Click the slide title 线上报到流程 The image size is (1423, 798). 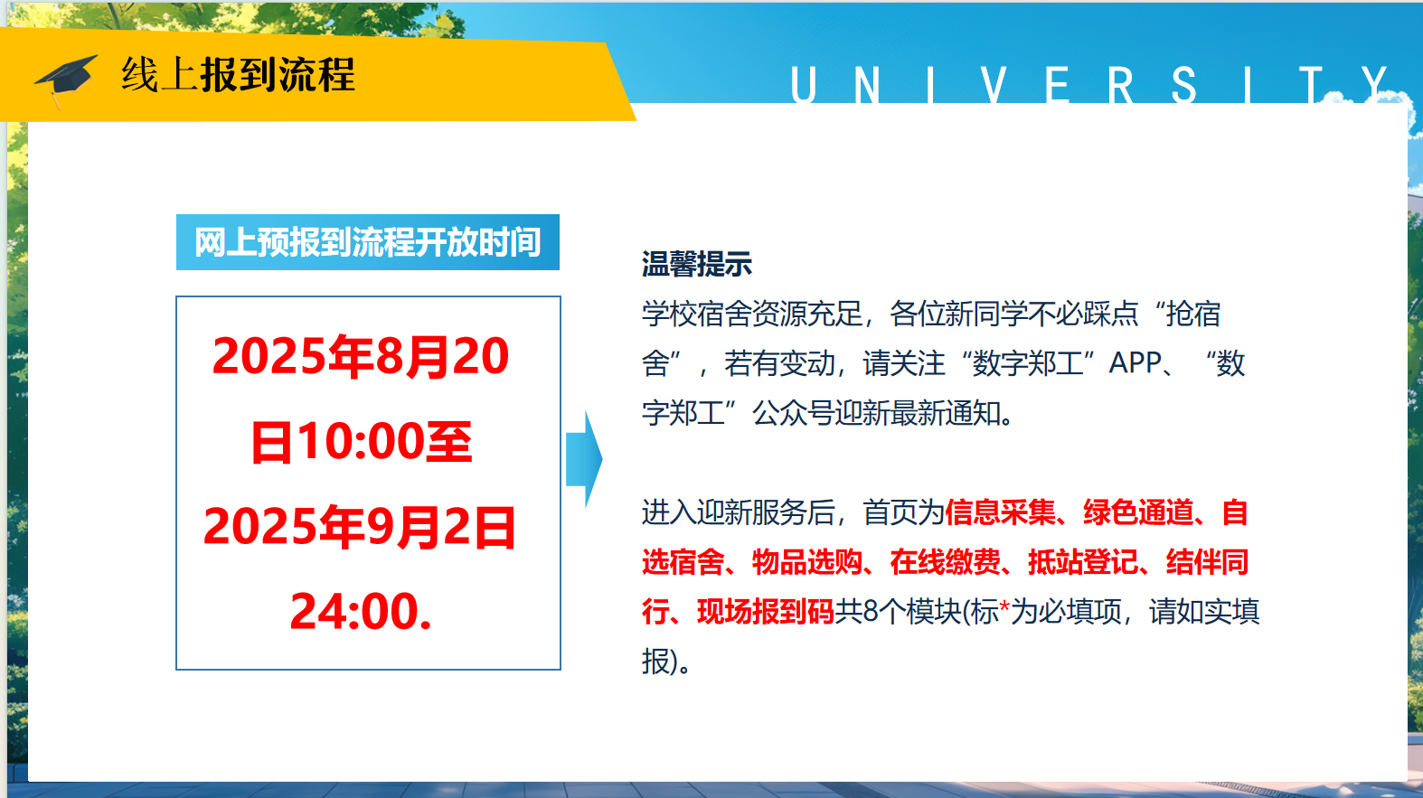239,75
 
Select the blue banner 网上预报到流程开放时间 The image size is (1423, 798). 368,242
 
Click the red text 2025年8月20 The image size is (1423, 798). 361,355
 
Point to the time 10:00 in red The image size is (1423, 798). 361,441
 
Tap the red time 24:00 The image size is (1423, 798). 354,611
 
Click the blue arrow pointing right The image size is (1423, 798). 584,459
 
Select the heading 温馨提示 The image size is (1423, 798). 697,264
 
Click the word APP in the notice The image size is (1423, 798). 1136,364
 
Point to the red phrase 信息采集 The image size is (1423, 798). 1001,512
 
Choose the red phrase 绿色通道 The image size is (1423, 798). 1138,512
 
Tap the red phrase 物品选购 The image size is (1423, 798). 806,562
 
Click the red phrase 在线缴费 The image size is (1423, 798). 946,562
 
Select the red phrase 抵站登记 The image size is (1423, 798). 1083,562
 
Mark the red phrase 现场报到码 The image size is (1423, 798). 766,611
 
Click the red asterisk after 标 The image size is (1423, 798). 1004,606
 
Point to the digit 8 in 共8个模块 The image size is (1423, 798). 871,611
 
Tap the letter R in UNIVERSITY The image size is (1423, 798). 1121,84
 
